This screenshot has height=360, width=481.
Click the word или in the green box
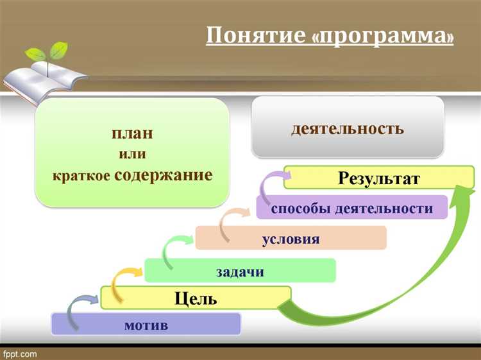tap(132, 153)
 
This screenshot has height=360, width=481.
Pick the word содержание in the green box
tap(163, 174)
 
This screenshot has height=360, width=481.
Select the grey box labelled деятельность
tap(348, 128)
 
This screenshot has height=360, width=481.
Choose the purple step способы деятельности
tap(351, 208)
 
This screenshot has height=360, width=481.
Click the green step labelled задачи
tap(240, 271)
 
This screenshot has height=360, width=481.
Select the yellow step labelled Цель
tap(196, 298)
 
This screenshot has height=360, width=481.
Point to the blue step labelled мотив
tap(146, 325)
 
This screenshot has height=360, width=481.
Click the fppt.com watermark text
tap(20, 354)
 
